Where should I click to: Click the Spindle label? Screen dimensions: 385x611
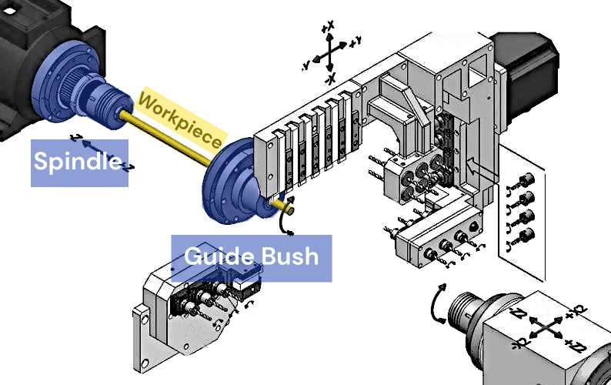click(78, 162)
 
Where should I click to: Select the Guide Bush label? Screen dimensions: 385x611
click(252, 256)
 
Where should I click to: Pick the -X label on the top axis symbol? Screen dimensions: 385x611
click(332, 80)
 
